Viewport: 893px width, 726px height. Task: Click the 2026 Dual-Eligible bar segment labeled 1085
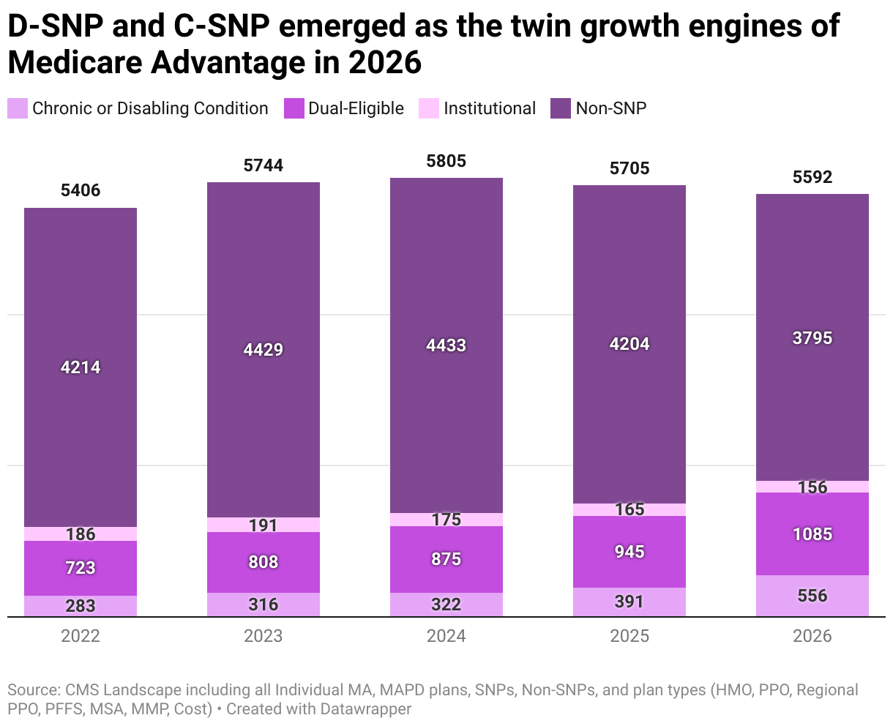coord(812,534)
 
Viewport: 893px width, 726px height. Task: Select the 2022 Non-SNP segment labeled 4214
coord(81,367)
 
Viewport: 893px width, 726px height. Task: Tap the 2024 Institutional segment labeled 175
coord(446,520)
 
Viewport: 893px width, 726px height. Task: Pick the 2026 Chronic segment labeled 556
coord(812,596)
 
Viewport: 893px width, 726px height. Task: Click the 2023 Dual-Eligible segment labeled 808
coord(264,562)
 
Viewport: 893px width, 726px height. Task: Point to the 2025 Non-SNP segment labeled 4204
coord(629,344)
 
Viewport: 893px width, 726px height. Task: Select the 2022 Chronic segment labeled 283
coord(81,606)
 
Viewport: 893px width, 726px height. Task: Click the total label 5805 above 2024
coord(446,161)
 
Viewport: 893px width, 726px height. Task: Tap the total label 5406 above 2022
coord(81,191)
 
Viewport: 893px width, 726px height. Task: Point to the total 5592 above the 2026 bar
coord(812,177)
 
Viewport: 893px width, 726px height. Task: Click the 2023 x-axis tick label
coord(264,636)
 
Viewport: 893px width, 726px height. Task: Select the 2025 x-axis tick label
coord(629,636)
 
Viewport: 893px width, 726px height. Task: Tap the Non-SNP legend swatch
coord(560,108)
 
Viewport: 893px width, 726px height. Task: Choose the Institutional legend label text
coord(490,108)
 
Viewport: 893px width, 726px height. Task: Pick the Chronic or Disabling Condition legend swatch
coord(18,108)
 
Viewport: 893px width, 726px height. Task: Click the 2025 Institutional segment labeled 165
coord(629,509)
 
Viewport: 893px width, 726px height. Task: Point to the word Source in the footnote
coord(32,690)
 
